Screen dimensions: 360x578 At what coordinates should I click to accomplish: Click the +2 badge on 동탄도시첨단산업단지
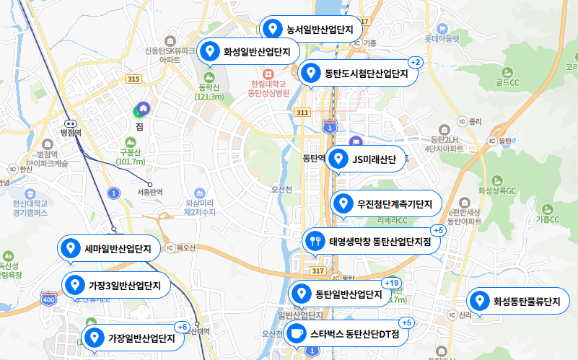pos(415,62)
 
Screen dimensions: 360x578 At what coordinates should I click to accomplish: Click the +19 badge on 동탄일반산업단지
pos(392,283)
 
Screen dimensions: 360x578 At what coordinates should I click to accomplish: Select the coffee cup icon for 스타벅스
pos(295,334)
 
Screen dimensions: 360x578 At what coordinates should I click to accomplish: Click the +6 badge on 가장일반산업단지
pos(182,327)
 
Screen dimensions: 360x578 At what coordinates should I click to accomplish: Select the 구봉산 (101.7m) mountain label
pos(131,157)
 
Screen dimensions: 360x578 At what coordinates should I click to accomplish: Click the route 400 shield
pos(49,299)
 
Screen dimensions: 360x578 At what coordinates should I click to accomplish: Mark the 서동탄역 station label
pos(150,193)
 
